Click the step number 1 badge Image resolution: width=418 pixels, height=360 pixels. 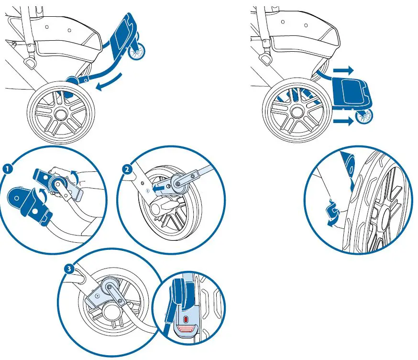coord(7,169)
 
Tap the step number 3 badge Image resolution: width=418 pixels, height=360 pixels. coord(70,269)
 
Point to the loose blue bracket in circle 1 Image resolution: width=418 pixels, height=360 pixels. coord(29,201)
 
